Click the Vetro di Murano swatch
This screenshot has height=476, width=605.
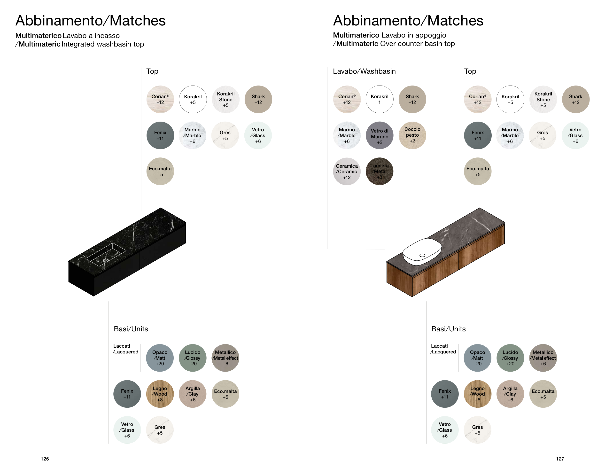(x=379, y=135)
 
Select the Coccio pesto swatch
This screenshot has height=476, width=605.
(x=412, y=135)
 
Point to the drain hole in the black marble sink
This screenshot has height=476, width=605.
(x=106, y=261)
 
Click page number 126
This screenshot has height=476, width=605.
(x=45, y=459)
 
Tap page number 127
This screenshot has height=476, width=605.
(x=560, y=459)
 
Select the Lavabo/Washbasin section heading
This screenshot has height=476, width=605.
(x=364, y=71)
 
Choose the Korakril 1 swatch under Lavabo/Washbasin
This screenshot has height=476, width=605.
(x=379, y=99)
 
